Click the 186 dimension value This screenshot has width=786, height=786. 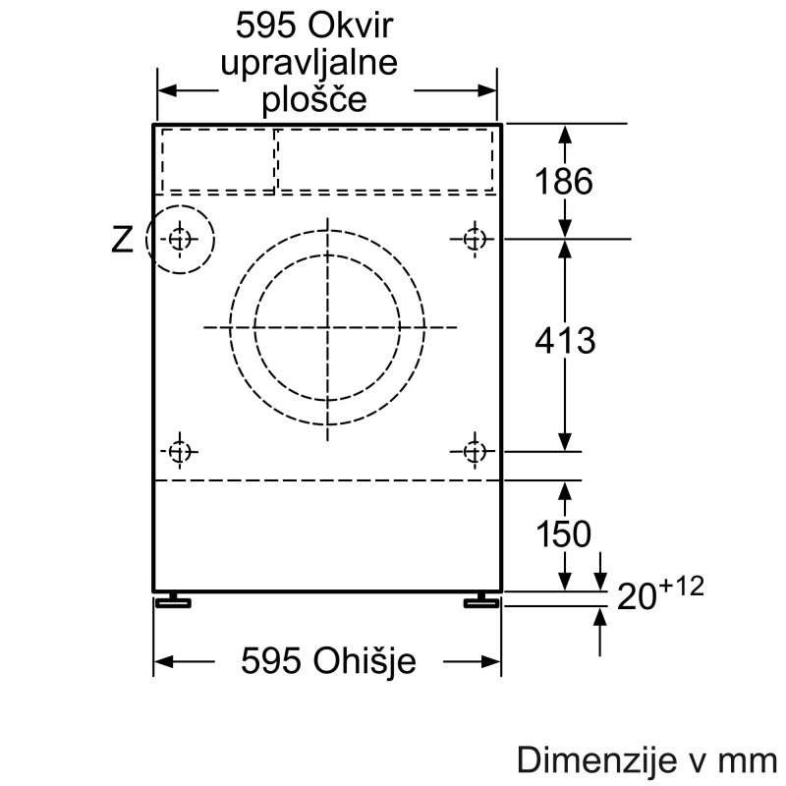(x=564, y=181)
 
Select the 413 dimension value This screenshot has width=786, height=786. (x=565, y=341)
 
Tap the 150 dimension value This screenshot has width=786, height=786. (x=563, y=533)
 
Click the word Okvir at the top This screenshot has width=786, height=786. (x=350, y=26)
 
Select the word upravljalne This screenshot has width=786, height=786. (x=309, y=63)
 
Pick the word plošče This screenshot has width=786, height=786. (x=314, y=100)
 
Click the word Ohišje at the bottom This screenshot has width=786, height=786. (x=365, y=660)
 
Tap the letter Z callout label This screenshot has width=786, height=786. (x=122, y=240)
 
